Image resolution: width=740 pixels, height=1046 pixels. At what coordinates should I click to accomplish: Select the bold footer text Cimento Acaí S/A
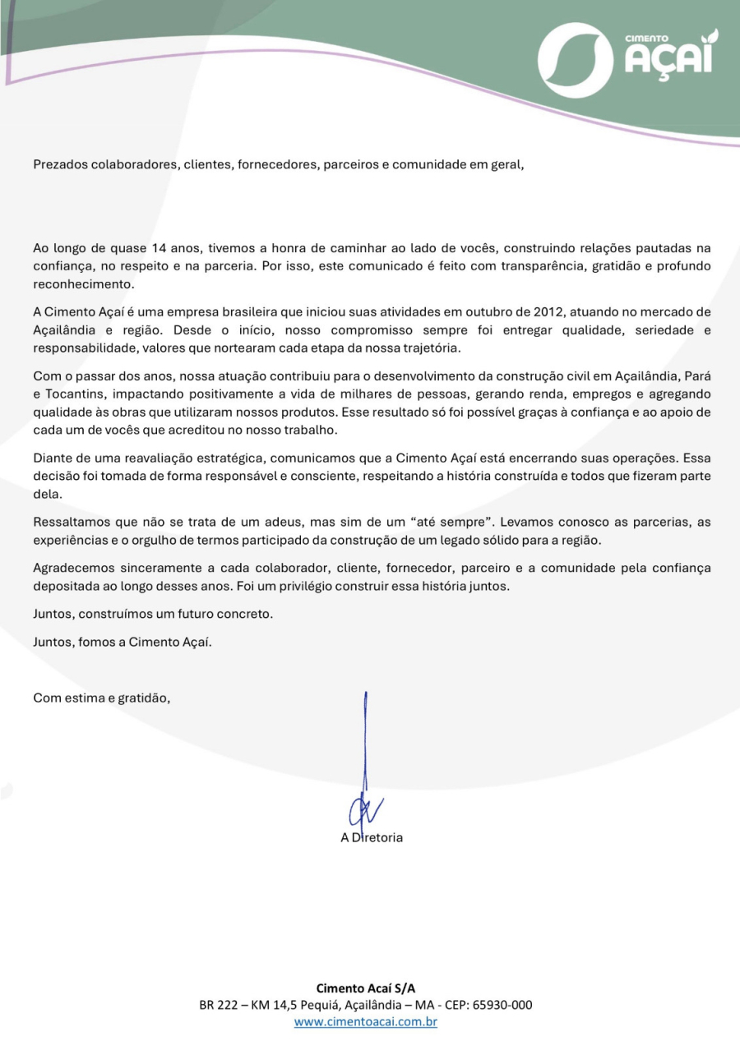366,988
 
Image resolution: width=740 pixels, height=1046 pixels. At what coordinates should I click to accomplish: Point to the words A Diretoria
372,838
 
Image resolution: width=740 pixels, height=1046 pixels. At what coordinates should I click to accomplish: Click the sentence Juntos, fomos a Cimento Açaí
123,643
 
